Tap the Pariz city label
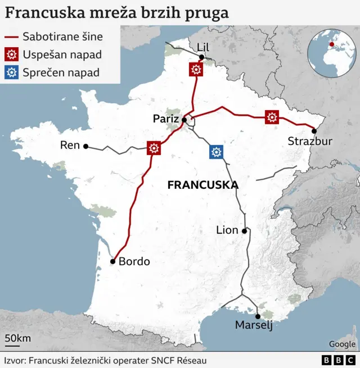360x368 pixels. tap(166, 119)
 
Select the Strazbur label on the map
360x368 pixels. tap(310, 141)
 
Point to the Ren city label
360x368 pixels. tap(70, 146)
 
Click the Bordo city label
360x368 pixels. tap(134, 261)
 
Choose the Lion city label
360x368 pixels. tap(227, 230)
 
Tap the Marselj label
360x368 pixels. tap(254, 325)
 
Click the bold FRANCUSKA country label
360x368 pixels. tap(203, 185)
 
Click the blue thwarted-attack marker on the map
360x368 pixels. tap(215, 152)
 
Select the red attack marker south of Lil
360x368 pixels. tap(196, 69)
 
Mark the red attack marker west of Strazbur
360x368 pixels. tap(272, 117)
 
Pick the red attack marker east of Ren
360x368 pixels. tap(154, 148)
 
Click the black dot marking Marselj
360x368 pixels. tap(258, 316)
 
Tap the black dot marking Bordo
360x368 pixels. tap(113, 261)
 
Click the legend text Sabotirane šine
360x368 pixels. tap(62, 37)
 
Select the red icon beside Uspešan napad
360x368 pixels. tap(12, 54)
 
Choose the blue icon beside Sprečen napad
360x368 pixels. tap(12, 72)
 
